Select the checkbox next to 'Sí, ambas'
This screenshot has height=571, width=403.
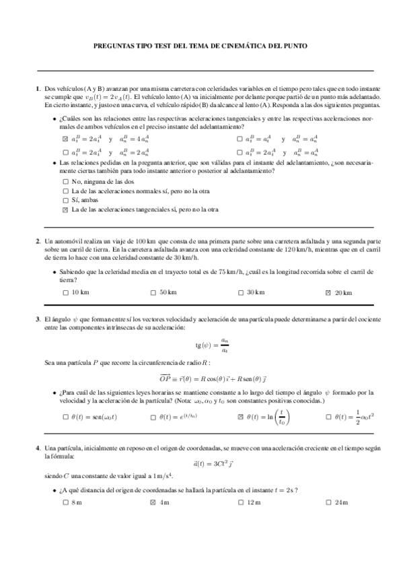click(65, 200)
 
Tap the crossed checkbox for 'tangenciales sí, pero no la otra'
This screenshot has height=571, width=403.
click(65, 209)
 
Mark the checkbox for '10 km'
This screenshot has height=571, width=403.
click(65, 292)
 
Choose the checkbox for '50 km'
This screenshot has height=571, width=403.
click(152, 292)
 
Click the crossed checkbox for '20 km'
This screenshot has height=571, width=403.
click(327, 292)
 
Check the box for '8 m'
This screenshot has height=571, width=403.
click(65, 502)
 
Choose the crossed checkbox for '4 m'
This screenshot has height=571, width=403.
click(152, 502)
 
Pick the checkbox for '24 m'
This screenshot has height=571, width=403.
click(327, 502)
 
